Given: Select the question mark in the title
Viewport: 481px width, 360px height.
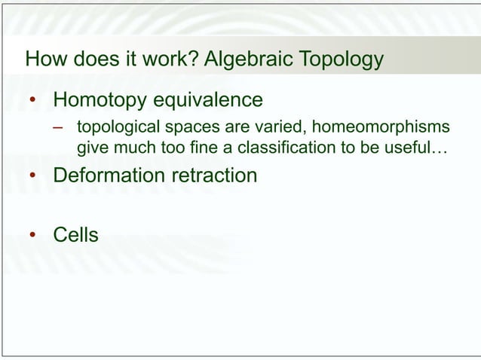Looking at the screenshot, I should coord(195,59).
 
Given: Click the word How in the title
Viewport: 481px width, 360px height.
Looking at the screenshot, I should coord(44,59).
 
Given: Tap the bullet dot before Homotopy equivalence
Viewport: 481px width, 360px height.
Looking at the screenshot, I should coord(32,101).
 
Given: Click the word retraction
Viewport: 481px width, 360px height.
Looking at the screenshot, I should coord(217,175).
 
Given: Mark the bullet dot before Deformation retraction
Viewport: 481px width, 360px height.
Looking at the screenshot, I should coord(32,177).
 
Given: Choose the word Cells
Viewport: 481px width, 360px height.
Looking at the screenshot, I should coord(75,235).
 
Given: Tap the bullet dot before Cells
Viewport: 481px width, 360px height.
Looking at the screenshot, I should coord(32,236).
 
